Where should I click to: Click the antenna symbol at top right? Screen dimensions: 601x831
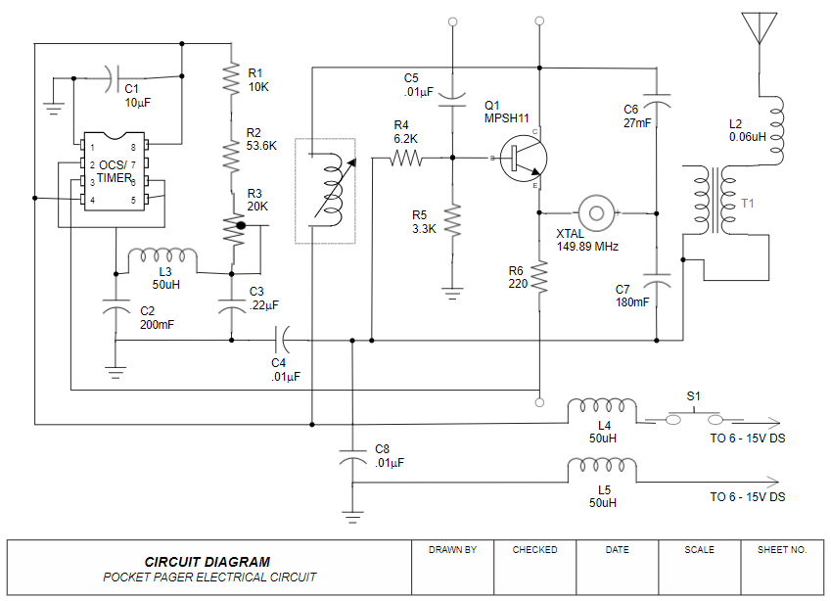point(760,26)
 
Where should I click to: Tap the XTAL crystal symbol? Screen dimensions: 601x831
point(596,210)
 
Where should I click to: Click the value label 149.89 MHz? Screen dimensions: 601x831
point(587,247)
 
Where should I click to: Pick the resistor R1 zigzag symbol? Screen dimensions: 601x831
point(231,78)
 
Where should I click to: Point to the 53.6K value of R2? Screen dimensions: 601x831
point(262,146)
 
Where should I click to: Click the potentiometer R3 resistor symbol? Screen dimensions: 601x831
point(232,226)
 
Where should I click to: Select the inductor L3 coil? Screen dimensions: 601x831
point(162,256)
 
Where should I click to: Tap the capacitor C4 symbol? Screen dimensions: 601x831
point(282,340)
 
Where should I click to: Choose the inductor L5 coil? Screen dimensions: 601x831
point(603,469)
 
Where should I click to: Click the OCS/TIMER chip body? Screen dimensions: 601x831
point(113,171)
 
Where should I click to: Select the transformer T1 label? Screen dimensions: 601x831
point(749,204)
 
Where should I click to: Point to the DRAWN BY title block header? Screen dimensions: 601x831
point(452,550)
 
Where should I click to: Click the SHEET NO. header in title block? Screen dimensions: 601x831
point(782,550)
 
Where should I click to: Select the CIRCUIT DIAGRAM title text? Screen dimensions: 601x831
point(208,562)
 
